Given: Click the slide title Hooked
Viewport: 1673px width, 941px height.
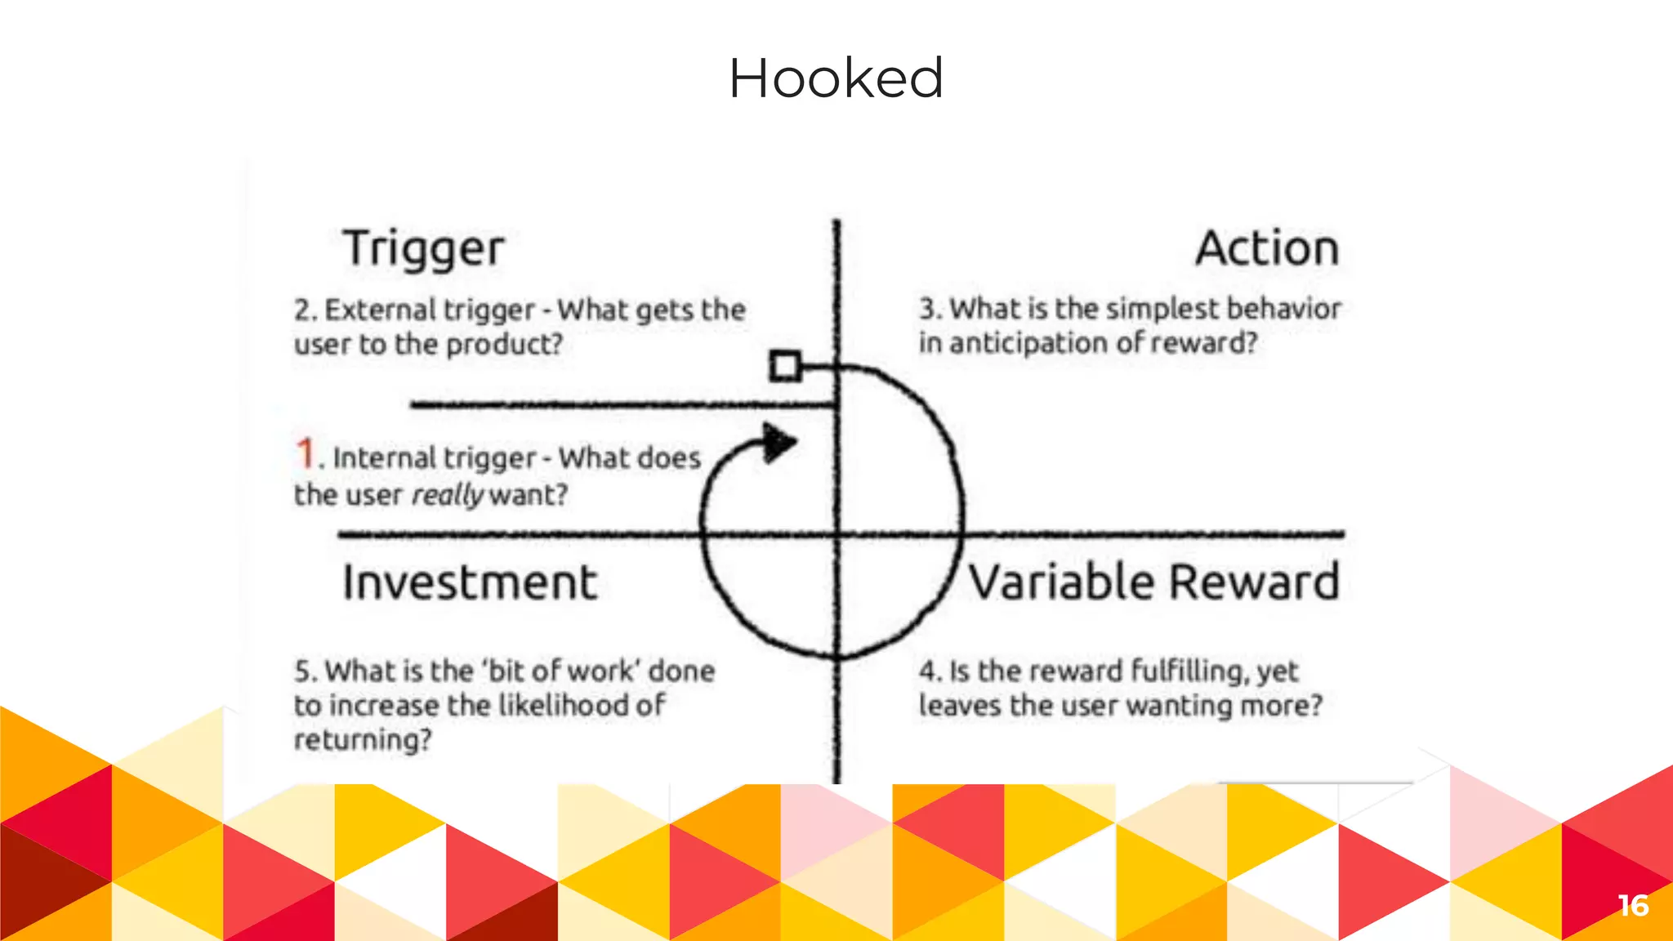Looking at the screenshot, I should click(836, 78).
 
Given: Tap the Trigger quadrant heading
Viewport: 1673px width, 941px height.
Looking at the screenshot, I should click(423, 249).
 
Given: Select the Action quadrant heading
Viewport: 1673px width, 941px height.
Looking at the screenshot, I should click(1267, 248).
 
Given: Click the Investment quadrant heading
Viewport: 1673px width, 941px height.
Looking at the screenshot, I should click(470, 582).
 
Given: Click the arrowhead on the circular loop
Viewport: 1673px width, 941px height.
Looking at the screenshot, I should click(778, 442).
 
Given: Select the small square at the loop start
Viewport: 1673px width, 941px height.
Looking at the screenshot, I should click(785, 365).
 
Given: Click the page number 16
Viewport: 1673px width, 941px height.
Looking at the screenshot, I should click(1633, 905).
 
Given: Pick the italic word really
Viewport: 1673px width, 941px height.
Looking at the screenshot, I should click(448, 495).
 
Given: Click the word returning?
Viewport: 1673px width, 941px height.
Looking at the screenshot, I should click(363, 740).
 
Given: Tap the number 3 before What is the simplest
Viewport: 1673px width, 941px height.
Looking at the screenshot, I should click(929, 309).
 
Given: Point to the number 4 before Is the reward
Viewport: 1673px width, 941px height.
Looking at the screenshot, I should click(929, 671).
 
